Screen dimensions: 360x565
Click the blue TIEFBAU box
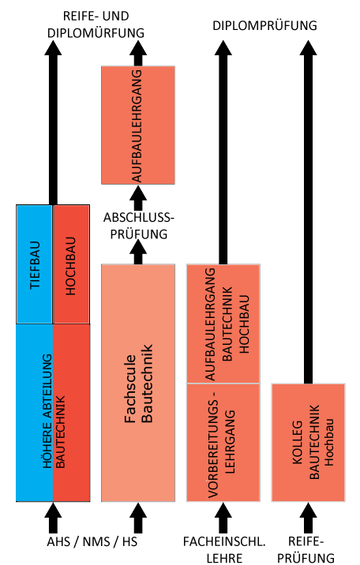[35, 264]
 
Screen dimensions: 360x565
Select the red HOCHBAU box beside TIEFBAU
[71, 264]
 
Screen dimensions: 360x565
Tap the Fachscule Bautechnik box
[138, 383]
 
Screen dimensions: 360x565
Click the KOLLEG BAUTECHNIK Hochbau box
[308, 443]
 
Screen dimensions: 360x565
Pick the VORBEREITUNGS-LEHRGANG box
[223, 443]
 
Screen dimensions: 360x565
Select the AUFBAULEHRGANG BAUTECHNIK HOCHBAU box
[223, 324]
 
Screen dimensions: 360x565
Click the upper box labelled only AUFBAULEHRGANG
[138, 125]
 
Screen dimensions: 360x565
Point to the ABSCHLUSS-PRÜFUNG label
[139, 226]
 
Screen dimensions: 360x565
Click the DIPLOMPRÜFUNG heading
[264, 25]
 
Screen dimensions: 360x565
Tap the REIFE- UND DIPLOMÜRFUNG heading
[96, 24]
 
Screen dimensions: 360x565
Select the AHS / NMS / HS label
[92, 541]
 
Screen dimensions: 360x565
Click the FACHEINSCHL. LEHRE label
[224, 549]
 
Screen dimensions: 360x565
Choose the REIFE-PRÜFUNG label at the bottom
[306, 549]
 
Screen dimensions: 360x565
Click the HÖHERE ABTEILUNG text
[47, 411]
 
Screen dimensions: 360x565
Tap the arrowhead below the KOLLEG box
[308, 511]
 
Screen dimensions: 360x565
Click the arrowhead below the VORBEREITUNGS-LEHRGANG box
[223, 511]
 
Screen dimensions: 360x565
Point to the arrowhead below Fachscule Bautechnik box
[138, 511]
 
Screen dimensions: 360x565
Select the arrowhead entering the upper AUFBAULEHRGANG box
[138, 193]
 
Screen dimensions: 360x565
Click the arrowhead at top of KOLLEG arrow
[308, 48]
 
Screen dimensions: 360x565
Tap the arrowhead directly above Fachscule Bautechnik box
[138, 248]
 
